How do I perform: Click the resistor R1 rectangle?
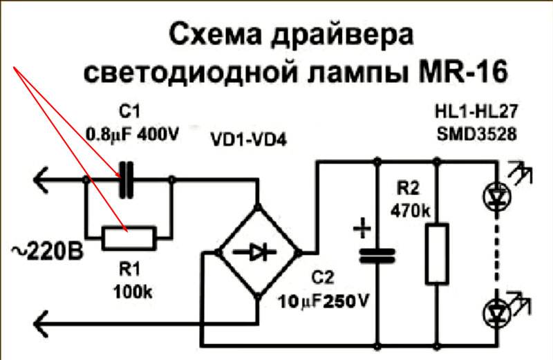point(129,237)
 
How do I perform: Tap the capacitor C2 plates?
point(376,255)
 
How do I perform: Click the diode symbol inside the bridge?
point(259,252)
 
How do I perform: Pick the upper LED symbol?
point(496,198)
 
